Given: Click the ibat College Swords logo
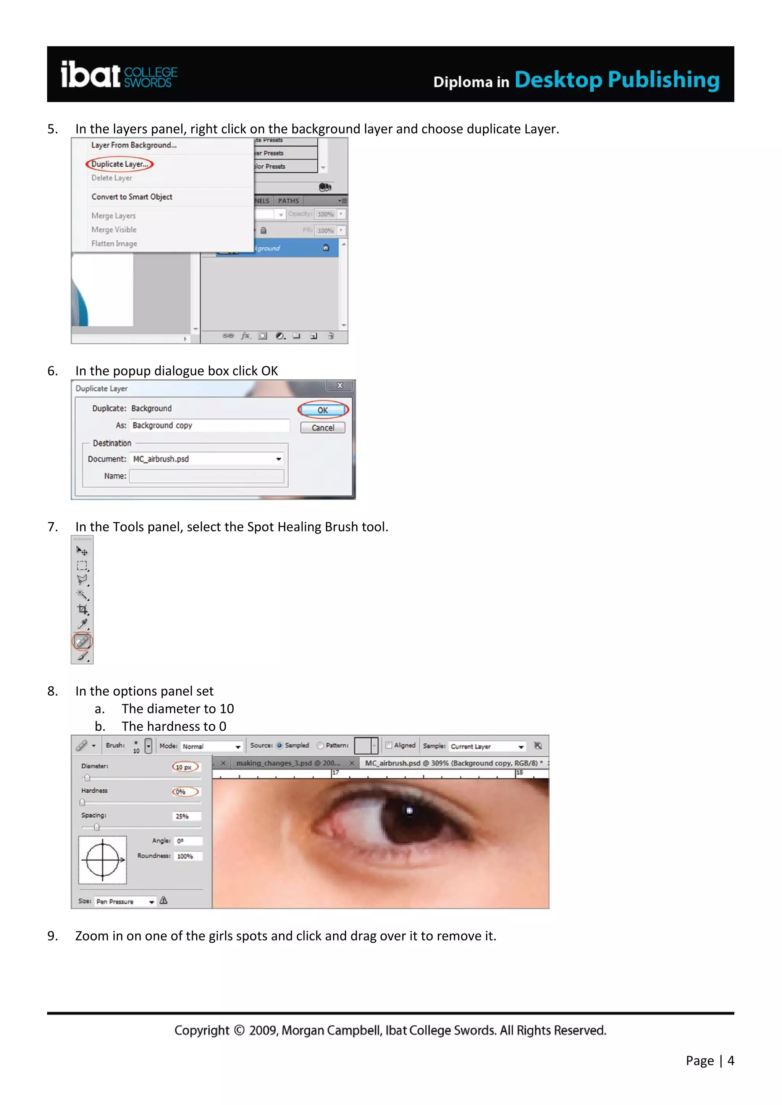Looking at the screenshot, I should pos(118,75).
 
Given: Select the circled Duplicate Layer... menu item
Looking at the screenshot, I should pos(120,164).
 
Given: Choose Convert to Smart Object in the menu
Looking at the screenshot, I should pos(131,197).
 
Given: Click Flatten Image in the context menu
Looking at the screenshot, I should pos(114,243).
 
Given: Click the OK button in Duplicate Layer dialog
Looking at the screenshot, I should pos(323,410).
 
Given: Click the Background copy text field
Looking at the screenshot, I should pos(210,425).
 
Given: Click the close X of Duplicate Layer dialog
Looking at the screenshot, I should pos(339,385).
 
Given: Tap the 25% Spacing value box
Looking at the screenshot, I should pos(186,816).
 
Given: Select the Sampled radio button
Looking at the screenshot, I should pos(279,746).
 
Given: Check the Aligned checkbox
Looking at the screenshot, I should pos(389,746).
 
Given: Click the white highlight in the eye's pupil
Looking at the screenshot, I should pos(409,810).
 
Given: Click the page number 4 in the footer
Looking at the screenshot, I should pos(730,1060).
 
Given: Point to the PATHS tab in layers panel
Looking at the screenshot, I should pos(288,201).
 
